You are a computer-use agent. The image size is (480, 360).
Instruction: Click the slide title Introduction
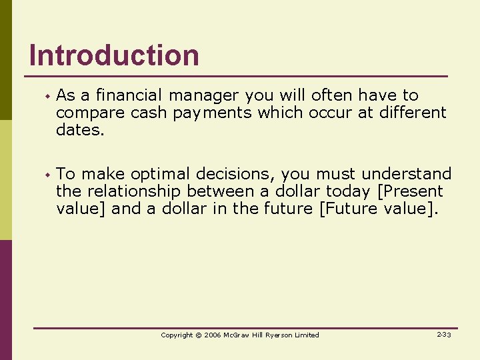[x=114, y=55]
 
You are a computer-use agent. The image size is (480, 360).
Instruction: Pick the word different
[x=413, y=113]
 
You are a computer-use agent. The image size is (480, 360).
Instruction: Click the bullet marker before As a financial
[x=47, y=97]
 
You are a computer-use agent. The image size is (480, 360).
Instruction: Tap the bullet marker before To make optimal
[x=47, y=175]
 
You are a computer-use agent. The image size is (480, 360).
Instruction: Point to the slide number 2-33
[x=443, y=335]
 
